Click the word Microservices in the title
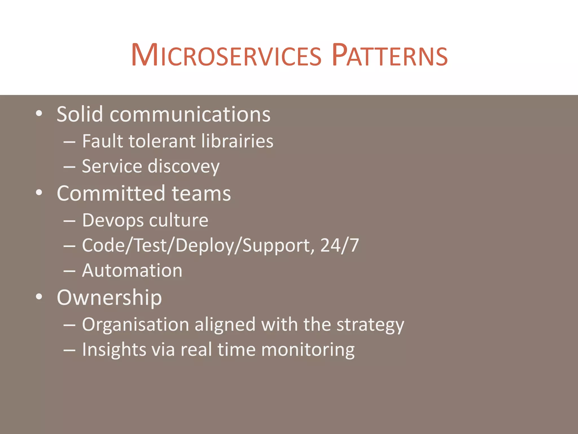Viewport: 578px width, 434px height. coord(226,55)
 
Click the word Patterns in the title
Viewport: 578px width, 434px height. coord(390,55)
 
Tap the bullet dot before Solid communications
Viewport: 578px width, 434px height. coord(39,114)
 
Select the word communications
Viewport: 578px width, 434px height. coord(190,114)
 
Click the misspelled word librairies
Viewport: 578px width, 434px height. coord(237,141)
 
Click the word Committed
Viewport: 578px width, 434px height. coord(111,194)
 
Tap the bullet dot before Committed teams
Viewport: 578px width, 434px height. coord(39,193)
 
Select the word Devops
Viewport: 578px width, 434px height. coord(111,220)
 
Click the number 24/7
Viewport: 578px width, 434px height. coord(340,245)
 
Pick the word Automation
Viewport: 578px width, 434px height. coord(132,271)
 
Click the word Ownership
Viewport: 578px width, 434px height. coord(109,298)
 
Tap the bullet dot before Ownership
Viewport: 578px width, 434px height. coord(39,297)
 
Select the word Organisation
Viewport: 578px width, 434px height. coord(135,324)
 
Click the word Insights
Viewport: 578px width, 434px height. coord(114,350)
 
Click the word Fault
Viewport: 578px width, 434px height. coord(102,141)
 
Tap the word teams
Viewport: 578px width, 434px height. coord(201,194)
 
